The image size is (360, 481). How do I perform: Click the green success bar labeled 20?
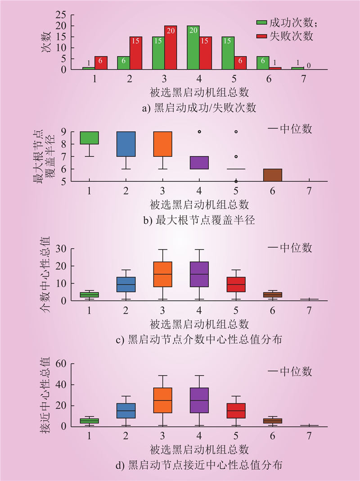(193, 47)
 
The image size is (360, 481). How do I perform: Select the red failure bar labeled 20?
(171, 47)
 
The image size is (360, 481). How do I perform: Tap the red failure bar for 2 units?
(135, 53)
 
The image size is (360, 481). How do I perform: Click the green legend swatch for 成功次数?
(261, 22)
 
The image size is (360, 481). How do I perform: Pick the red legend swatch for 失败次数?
(261, 35)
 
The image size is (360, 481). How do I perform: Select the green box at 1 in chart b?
(89, 138)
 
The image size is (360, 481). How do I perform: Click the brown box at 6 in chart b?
(272, 175)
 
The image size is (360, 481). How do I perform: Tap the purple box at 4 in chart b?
(199, 163)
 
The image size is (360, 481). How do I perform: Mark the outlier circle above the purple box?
(199, 132)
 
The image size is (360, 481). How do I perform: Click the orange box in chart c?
(163, 274)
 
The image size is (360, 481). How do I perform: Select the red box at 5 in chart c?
(235, 284)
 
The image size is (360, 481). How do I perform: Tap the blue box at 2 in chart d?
(126, 410)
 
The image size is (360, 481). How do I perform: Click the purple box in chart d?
(199, 400)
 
